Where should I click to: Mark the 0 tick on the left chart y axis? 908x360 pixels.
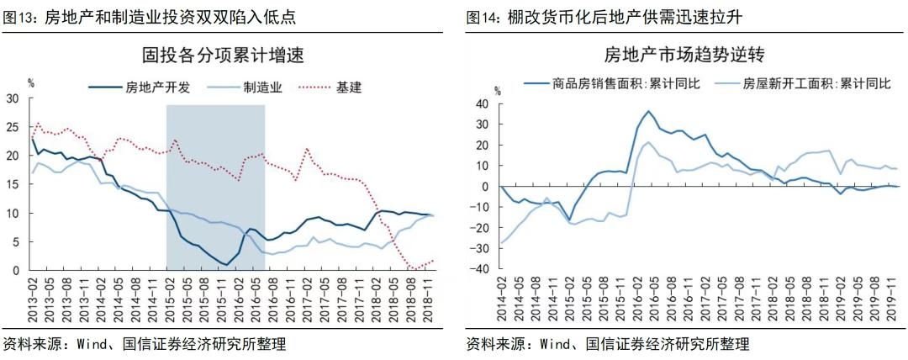[x=15, y=271]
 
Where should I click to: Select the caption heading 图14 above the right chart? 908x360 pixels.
[x=483, y=16]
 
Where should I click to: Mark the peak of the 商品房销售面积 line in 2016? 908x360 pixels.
[x=648, y=111]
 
